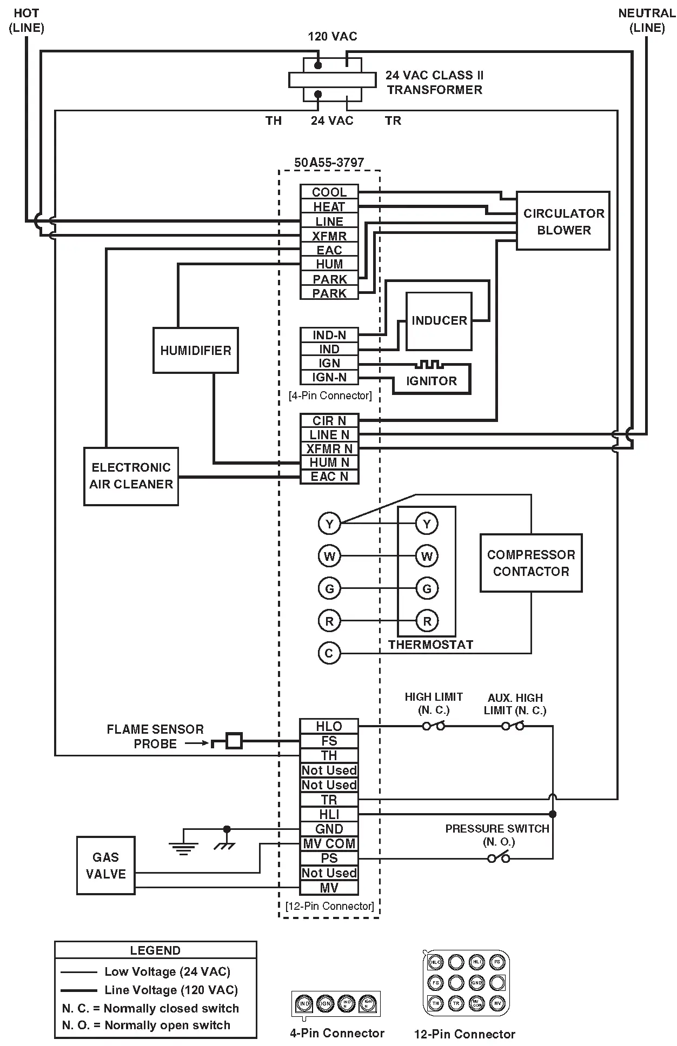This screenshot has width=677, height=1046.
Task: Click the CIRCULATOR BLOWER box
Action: (x=563, y=220)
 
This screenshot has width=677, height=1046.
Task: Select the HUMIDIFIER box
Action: (x=195, y=350)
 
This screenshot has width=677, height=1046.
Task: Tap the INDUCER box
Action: (x=439, y=321)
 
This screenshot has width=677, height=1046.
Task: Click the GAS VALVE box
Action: (x=105, y=865)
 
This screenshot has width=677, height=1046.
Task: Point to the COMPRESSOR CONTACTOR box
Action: (x=530, y=563)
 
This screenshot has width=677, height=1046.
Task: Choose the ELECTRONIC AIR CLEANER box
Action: (x=131, y=476)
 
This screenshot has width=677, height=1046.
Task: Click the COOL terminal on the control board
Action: (x=329, y=192)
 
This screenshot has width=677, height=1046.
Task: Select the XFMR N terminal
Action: (x=329, y=448)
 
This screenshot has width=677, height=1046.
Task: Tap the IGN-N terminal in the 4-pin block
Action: (x=329, y=377)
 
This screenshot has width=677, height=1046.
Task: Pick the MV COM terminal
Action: (x=329, y=843)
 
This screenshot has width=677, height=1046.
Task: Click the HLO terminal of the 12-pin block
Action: (x=329, y=726)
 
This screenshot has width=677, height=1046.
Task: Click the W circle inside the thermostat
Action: (x=427, y=556)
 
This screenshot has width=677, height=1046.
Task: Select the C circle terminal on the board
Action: (x=329, y=653)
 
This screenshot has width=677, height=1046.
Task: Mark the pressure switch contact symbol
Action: (x=499, y=857)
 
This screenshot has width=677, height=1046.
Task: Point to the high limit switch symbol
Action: (x=434, y=726)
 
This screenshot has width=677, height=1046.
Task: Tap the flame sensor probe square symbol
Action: (x=234, y=741)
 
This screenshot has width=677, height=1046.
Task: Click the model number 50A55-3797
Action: (x=329, y=163)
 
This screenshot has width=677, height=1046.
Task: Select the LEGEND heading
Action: (x=155, y=950)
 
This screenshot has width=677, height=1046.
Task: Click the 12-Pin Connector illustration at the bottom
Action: (x=466, y=983)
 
